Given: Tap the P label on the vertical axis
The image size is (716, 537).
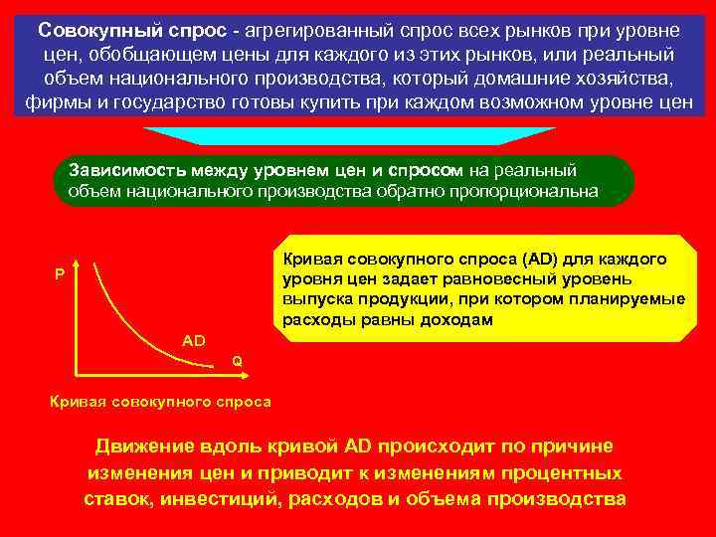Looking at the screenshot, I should [60, 274].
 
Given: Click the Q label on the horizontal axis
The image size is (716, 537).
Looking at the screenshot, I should [237, 361].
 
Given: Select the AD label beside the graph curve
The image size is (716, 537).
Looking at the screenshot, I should [194, 341].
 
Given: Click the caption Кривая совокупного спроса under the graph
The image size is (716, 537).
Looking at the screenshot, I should [159, 402].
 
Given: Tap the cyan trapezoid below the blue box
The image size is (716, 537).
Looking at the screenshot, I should [348, 136].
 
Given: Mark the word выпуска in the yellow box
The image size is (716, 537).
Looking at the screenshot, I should [311, 299].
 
